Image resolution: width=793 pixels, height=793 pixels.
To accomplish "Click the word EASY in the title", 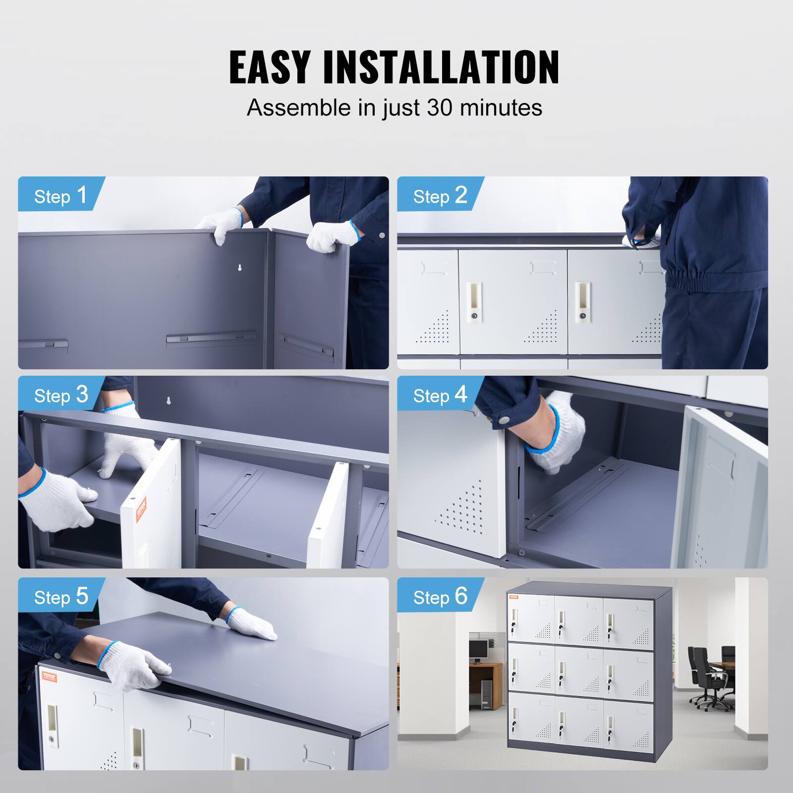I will (x=270, y=67).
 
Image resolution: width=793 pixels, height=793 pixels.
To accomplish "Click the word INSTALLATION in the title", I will (x=441, y=67).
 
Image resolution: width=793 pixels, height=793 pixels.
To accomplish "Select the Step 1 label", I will (x=60, y=196).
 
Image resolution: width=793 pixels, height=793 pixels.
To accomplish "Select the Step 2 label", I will (x=440, y=196).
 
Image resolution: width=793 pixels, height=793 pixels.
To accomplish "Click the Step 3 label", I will (x=60, y=395).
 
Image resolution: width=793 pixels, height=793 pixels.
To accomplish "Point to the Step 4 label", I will (x=440, y=395).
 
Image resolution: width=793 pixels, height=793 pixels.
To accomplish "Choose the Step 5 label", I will (x=60, y=597).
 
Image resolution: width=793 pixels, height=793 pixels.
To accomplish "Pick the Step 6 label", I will (x=440, y=597).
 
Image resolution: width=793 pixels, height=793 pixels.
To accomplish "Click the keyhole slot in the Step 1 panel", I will (x=240, y=268).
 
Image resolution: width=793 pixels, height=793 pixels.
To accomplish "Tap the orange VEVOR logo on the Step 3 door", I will (x=142, y=508).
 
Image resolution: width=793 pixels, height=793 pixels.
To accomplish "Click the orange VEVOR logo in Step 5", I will (x=49, y=677).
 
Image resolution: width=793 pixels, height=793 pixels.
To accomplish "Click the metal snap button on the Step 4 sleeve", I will (x=505, y=420).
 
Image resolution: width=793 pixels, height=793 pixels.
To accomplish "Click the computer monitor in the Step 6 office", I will (x=479, y=648).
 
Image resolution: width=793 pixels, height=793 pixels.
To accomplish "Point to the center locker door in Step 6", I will (x=578, y=670).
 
